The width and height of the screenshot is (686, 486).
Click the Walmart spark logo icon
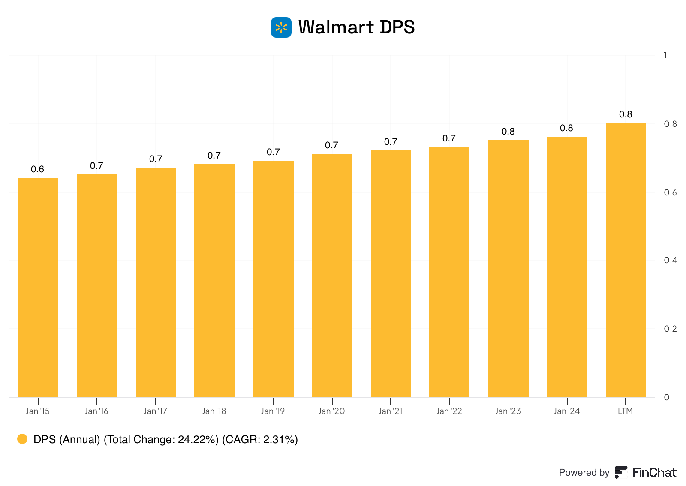point(281,27)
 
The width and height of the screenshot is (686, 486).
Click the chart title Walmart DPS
point(356,27)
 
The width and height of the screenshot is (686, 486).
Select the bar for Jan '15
point(38,287)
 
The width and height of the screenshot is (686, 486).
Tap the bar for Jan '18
point(214,280)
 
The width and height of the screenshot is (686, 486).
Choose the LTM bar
point(626,260)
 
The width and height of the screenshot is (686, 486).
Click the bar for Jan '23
point(508,268)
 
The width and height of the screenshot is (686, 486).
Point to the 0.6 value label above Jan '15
point(38,169)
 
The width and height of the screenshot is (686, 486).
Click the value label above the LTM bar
point(626,114)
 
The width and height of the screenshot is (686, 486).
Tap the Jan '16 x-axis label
point(96,411)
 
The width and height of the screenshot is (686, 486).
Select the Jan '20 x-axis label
point(331,411)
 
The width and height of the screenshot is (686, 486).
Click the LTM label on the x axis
point(625,411)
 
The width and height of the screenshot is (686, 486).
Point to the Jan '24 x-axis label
point(566,411)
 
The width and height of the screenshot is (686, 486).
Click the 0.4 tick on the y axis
point(670,261)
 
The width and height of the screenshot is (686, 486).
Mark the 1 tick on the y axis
point(665,55)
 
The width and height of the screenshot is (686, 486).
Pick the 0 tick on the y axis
point(667,397)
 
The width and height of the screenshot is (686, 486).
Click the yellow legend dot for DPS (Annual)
point(22,439)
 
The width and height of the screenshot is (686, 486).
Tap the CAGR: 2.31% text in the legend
point(260,439)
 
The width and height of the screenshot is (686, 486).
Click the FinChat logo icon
point(621,472)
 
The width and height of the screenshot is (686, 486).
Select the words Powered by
point(584,472)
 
